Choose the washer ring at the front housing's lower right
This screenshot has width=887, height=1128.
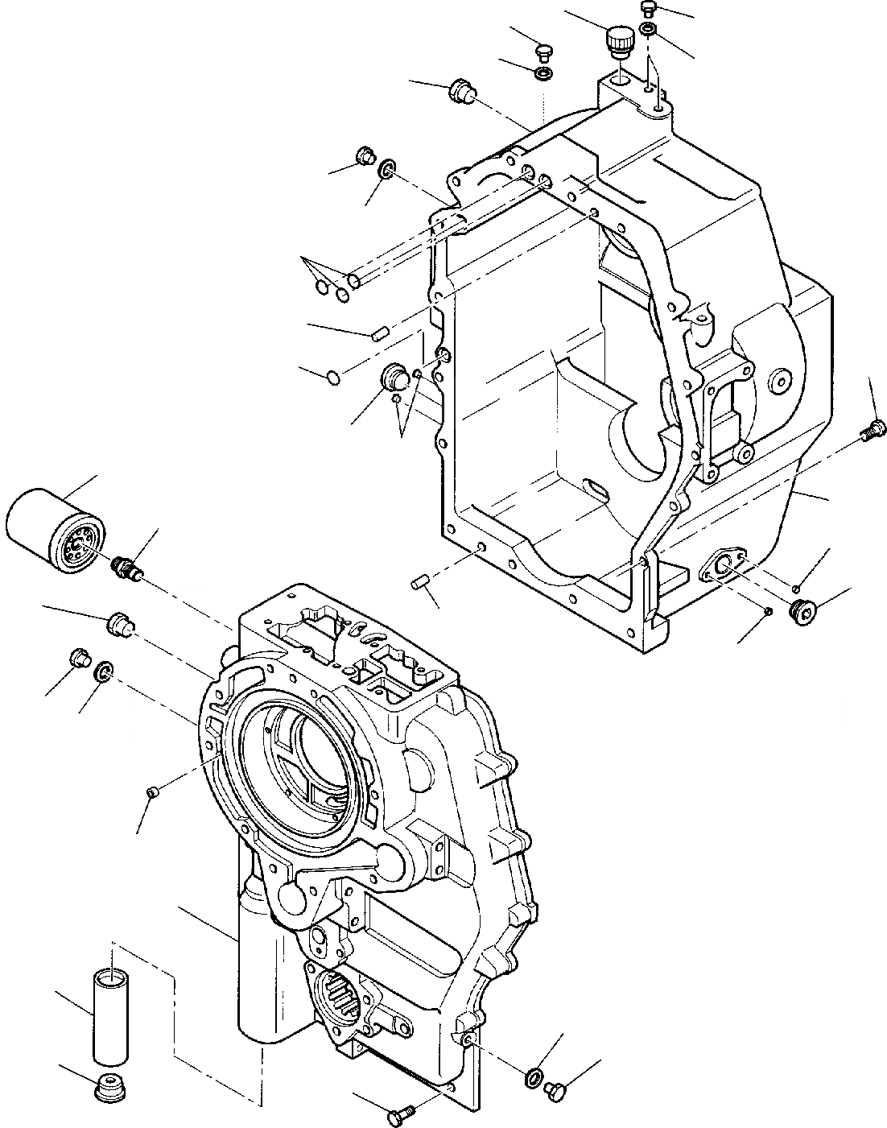click(x=533, y=1077)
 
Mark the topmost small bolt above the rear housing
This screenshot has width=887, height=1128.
click(x=650, y=8)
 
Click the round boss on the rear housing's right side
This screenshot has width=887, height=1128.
click(x=779, y=382)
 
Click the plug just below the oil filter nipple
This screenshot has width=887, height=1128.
click(x=119, y=623)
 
